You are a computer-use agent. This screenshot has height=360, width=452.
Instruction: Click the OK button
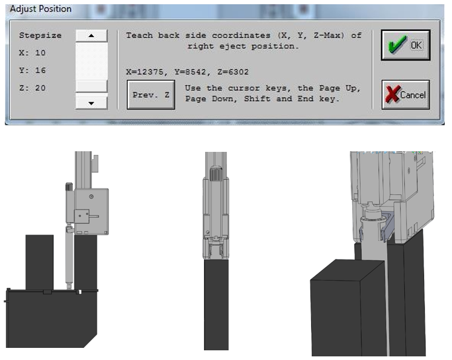coord(405,45)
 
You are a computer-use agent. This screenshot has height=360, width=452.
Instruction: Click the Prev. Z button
coord(151,95)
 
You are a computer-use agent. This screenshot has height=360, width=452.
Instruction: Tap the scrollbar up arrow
coord(91,36)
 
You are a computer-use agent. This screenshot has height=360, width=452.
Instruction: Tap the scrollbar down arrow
coord(91,103)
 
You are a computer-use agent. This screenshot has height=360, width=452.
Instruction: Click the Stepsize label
coord(41,36)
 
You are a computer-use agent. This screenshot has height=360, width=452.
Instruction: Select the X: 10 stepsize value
coord(32,53)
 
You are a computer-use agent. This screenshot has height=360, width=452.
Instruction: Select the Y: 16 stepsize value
coord(32,70)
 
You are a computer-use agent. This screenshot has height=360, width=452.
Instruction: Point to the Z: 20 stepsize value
coord(32,88)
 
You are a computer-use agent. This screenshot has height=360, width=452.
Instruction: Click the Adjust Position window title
coord(41,9)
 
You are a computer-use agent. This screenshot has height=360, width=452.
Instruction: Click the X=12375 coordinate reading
coord(146,72)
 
